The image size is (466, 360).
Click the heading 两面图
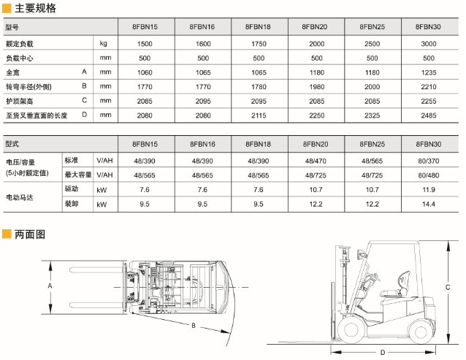pyautogui.click(x=30, y=234)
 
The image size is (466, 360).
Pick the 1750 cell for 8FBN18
pyautogui.click(x=259, y=44)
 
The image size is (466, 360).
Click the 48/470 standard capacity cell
pyautogui.click(x=316, y=160)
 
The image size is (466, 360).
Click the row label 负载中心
pyautogui.click(x=20, y=58)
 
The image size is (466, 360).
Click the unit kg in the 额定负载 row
pyautogui.click(x=104, y=44)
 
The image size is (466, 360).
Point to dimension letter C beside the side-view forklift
pyautogui.click(x=446, y=288)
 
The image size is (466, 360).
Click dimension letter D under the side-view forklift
pyautogui.click(x=381, y=352)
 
